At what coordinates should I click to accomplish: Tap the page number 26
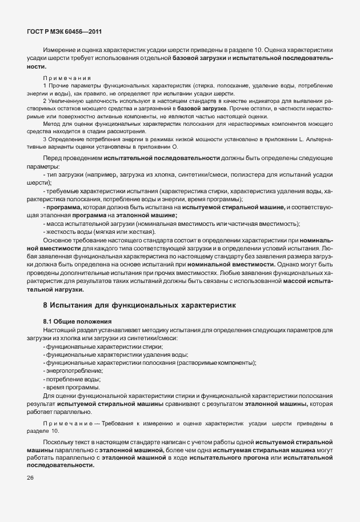[30, 478]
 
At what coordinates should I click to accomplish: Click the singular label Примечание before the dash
[67, 423]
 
